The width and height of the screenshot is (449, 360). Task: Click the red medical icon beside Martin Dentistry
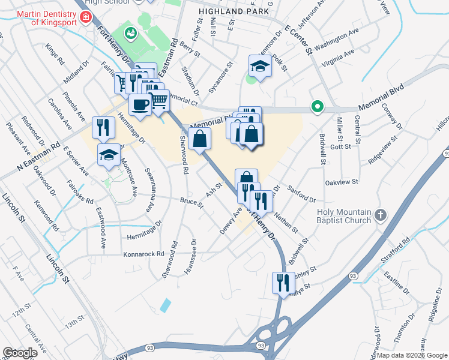coord(86,17)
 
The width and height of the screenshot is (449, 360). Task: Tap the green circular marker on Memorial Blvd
coord(318,107)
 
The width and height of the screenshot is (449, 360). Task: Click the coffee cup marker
coord(140,104)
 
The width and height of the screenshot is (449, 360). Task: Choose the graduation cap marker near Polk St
coord(260,65)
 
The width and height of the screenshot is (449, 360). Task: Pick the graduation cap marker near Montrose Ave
coord(108,154)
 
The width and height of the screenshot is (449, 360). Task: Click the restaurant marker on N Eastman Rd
coord(103,127)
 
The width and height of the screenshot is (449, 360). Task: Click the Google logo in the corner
coord(20,353)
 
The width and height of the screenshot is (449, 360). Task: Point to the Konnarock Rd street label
coord(143,254)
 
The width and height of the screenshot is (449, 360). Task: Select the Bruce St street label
coord(192,202)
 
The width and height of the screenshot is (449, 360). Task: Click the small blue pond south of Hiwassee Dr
coord(165,304)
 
